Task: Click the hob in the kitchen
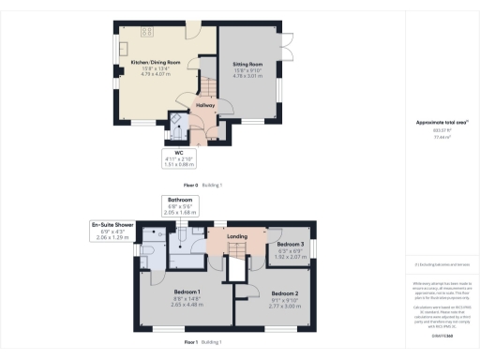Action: [149, 32]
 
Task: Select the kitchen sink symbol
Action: [122, 46]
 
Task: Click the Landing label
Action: [237, 236]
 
